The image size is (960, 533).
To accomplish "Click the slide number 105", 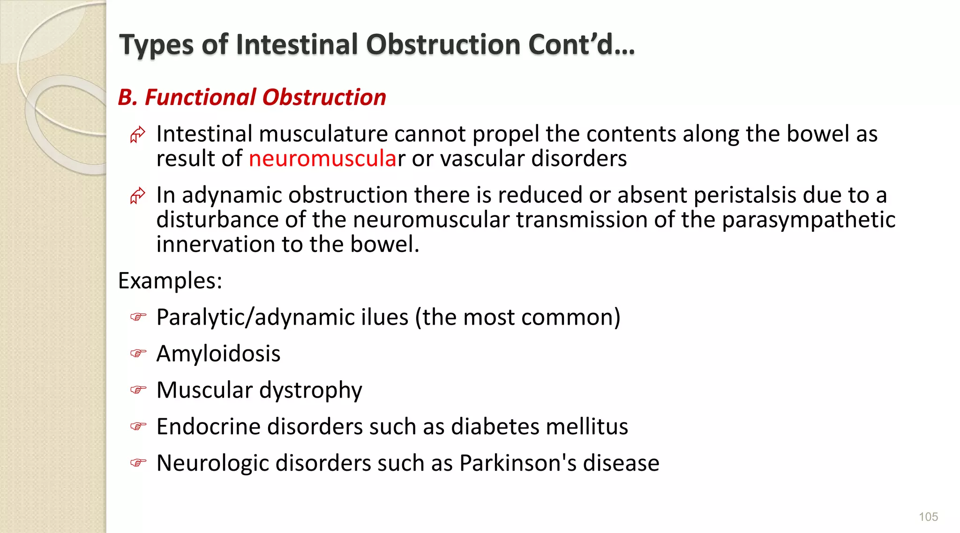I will [x=928, y=517].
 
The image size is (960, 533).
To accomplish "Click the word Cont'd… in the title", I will [x=581, y=44].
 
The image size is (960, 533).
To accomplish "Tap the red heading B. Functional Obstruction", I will [x=252, y=97].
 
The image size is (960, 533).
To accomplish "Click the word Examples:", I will [x=170, y=281].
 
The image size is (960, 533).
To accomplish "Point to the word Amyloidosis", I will [x=218, y=354].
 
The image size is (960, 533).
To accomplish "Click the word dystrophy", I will [x=310, y=391].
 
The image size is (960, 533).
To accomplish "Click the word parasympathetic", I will [x=809, y=220].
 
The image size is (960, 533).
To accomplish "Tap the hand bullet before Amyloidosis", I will [x=138, y=353].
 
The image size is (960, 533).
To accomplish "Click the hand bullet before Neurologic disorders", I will [x=138, y=463].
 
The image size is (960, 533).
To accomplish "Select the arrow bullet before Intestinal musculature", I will [x=138, y=134].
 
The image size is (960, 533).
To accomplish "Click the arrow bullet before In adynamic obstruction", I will [x=138, y=195].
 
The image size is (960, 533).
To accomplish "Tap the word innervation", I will [x=216, y=244].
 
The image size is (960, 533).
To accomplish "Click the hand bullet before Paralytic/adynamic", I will [x=138, y=317].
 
